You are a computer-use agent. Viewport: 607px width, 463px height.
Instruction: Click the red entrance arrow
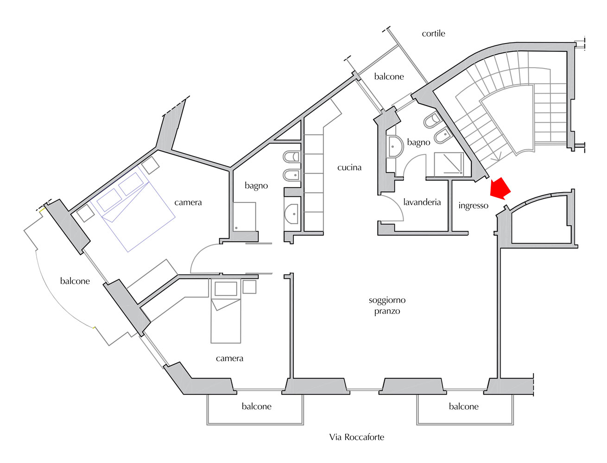[500, 189]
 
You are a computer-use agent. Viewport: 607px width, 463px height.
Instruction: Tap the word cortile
[433, 33]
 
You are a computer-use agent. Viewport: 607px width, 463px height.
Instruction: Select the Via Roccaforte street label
[356, 437]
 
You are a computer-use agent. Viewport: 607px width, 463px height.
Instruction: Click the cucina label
[349, 167]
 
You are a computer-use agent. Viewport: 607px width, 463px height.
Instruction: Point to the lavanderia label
[422, 202]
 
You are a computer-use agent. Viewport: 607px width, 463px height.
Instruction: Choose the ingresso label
[473, 206]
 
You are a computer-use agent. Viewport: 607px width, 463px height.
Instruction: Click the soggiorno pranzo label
[387, 306]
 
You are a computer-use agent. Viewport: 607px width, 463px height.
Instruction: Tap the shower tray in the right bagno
[449, 165]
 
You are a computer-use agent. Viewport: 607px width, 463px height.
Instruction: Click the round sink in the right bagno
[395, 146]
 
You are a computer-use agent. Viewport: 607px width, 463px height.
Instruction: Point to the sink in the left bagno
[291, 214]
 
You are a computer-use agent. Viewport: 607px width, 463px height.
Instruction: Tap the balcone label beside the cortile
[389, 76]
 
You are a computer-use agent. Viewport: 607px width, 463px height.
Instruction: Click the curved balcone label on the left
[75, 281]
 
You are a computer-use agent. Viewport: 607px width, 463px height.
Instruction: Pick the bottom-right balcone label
[463, 407]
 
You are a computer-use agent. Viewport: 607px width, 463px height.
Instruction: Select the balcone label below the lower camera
[256, 406]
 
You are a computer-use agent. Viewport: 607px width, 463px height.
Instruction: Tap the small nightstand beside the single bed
[249, 287]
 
